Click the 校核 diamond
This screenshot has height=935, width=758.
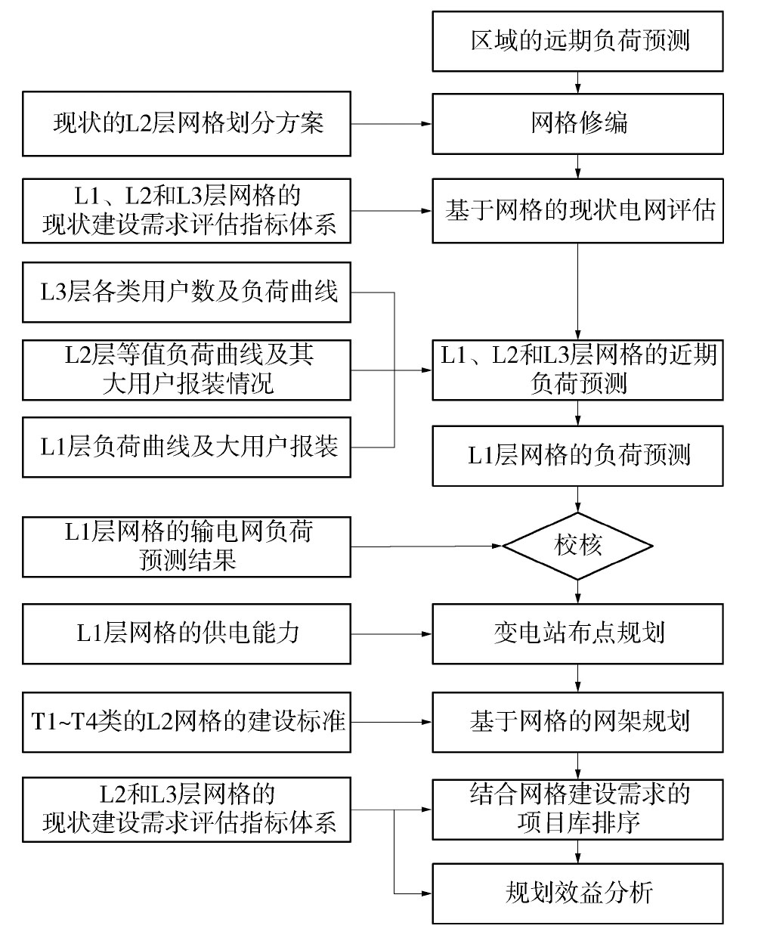point(577,546)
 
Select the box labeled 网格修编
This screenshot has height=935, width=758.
point(577,124)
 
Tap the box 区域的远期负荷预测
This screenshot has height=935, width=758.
point(577,42)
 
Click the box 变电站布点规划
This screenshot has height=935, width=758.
point(577,634)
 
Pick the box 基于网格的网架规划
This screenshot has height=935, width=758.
point(577,723)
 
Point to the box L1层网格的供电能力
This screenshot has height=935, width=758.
point(187,634)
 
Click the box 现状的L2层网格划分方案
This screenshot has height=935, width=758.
point(187,124)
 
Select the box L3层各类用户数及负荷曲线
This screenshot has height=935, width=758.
point(187,293)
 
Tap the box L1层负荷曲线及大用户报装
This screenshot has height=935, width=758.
point(187,447)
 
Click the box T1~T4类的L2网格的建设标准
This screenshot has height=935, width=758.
point(187,723)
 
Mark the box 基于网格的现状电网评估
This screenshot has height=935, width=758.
point(577,211)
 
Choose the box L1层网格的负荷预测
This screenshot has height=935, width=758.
point(577,456)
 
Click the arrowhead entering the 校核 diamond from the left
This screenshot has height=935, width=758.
point(497,546)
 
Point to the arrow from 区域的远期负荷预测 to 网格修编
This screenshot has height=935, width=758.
point(577,82)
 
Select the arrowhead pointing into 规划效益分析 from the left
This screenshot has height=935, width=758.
point(427,893)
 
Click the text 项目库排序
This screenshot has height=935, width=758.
point(577,823)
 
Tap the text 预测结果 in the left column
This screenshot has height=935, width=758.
point(187,560)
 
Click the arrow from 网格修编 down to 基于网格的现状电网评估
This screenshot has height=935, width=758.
point(577,166)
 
